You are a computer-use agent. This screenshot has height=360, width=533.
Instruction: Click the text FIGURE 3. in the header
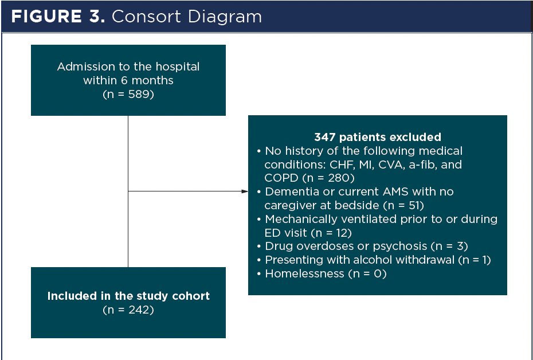pyautogui.click(x=58, y=16)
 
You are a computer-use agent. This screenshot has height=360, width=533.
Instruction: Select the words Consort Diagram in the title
pyautogui.click(x=187, y=16)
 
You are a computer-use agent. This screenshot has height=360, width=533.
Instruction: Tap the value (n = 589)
pyautogui.click(x=128, y=95)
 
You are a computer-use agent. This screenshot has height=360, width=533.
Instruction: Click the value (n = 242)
pyautogui.click(x=128, y=310)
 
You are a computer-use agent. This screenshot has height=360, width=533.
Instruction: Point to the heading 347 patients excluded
pyautogui.click(x=378, y=137)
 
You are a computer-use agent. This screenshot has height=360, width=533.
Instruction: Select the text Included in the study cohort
pyautogui.click(x=128, y=296)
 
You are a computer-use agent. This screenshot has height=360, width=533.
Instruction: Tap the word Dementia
pyautogui.click(x=290, y=191)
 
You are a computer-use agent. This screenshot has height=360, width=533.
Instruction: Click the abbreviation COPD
pyautogui.click(x=281, y=178)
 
